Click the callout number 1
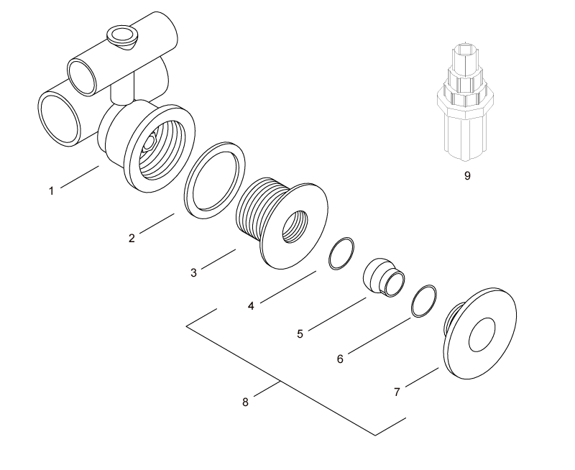51,191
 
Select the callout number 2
132,239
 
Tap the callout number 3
193,273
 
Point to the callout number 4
251,306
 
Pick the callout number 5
300,333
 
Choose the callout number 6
340,359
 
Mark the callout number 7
397,392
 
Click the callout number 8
245,402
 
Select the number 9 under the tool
467,175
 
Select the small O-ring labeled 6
424,301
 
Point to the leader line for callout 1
79,178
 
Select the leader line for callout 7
423,379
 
